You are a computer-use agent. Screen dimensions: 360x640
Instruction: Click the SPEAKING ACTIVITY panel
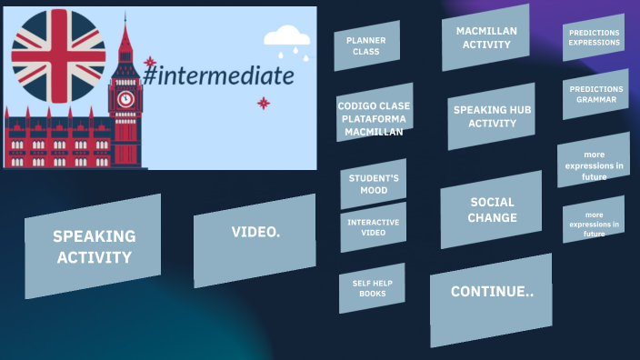pos(93,245)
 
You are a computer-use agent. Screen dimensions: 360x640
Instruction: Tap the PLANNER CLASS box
pos(366,45)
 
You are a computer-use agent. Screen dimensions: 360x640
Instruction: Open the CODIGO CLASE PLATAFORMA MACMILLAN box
pos(374,118)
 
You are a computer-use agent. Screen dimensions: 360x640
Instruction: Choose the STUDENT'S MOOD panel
pos(373,184)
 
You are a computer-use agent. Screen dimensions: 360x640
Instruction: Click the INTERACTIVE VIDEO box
pos(373,227)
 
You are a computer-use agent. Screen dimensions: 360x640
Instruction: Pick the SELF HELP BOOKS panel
pos(371,288)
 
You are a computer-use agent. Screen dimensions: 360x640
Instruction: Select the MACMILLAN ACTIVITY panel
pos(485,37)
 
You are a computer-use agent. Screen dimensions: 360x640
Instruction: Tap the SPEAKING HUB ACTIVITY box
pos(491,116)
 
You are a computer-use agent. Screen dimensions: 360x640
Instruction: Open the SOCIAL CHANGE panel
pos(491,210)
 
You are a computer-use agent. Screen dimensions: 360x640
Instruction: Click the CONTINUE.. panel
pos(491,293)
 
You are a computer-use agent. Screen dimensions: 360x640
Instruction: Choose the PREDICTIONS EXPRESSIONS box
pos(594,37)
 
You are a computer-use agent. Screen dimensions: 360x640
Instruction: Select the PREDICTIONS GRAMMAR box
pos(595,94)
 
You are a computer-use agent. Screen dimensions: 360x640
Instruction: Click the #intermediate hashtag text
pos(218,75)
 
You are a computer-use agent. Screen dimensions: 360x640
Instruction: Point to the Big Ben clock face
pos(125,98)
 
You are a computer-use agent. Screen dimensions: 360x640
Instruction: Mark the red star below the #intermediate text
pos(264,103)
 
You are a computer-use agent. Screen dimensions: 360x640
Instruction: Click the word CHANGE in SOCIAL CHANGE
pos(492,218)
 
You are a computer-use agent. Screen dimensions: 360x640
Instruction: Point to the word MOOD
pos(373,191)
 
